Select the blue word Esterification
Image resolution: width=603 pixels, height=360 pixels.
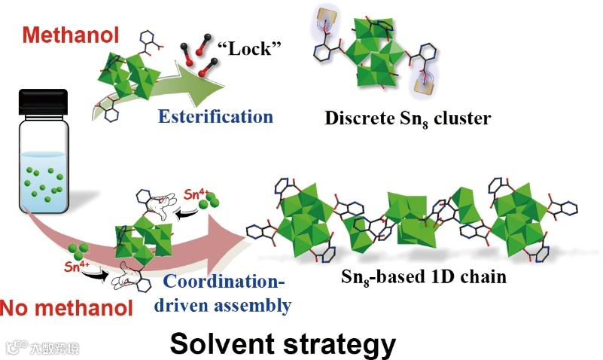coord(215,116)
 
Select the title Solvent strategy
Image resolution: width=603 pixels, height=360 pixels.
coord(282,343)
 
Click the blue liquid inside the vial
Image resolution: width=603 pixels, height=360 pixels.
coord(44,181)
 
